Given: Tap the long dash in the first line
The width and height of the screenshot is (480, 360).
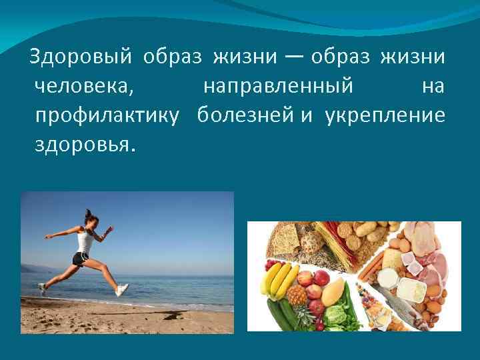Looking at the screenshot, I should coord(296,58).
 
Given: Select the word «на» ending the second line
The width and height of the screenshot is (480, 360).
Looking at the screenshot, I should coord(433,87).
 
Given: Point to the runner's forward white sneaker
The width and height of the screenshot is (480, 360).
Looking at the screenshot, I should coord(121,290).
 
